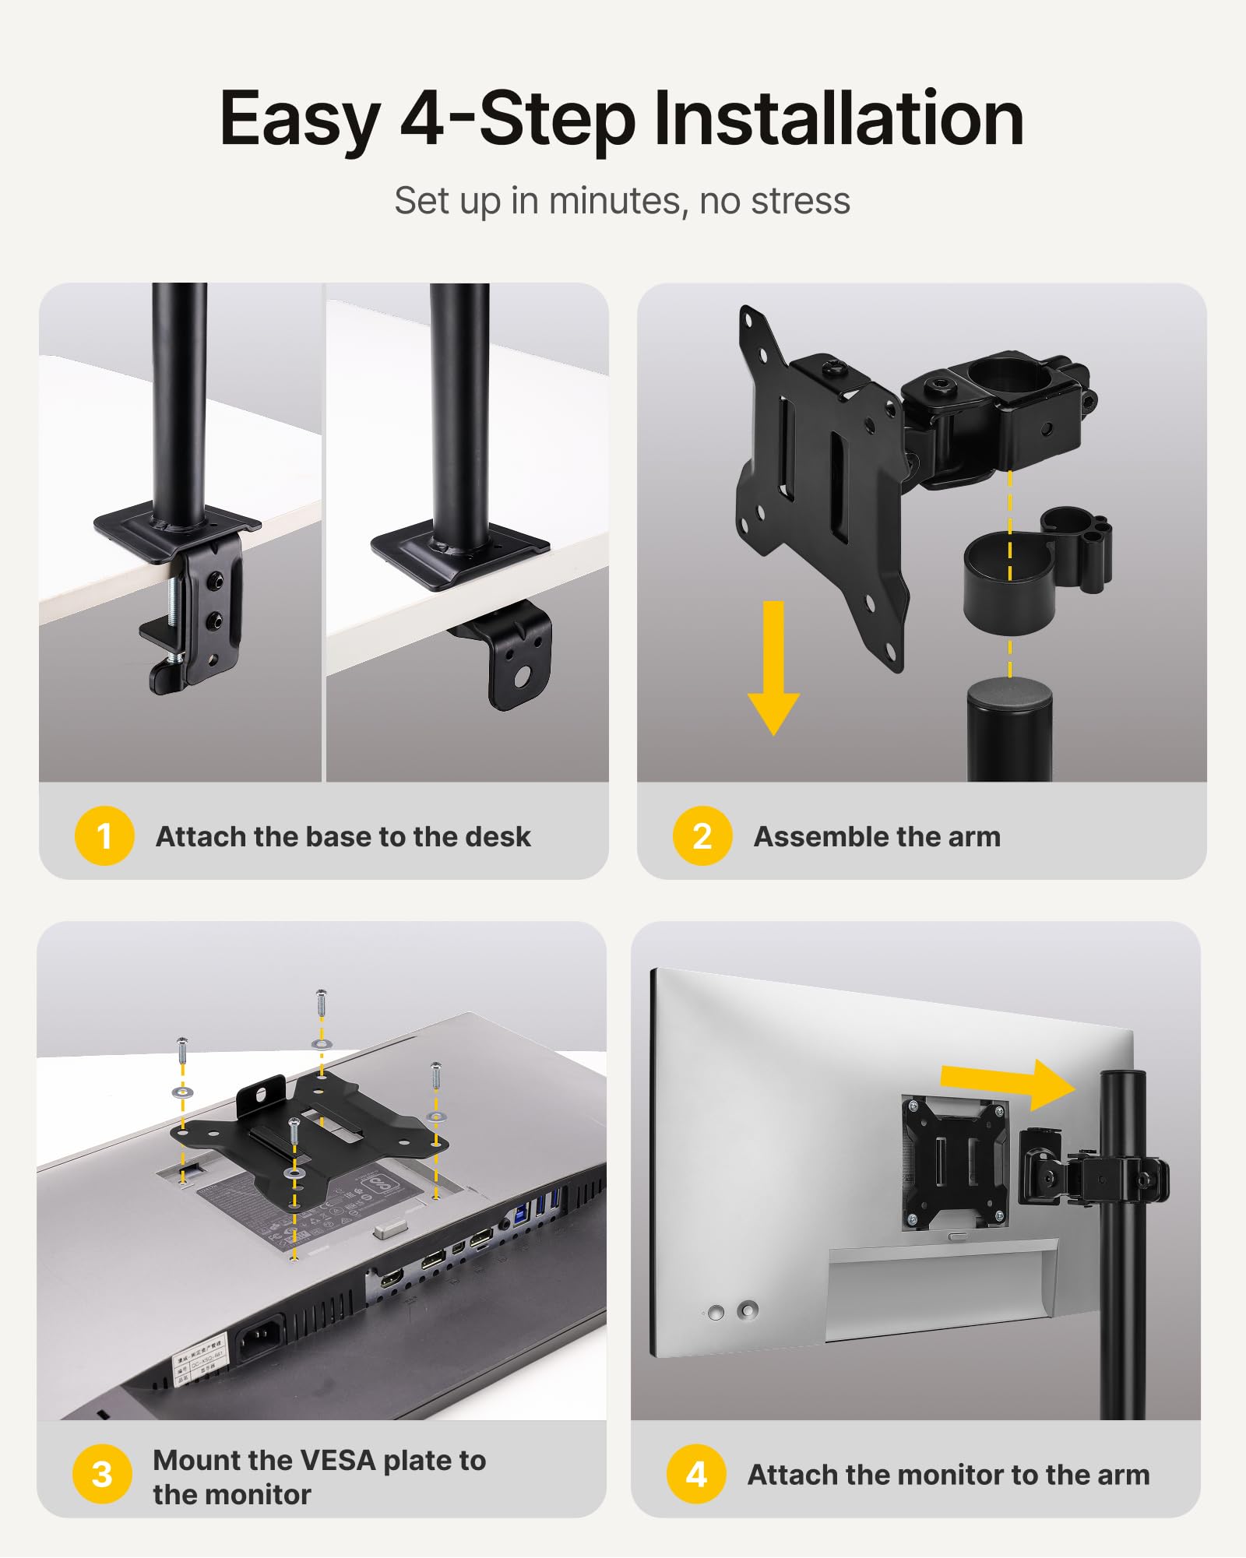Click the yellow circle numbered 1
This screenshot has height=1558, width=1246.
pyautogui.click(x=104, y=836)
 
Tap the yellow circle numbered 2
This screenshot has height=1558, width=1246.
pyautogui.click(x=702, y=836)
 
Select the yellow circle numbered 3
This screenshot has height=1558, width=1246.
pyautogui.click(x=102, y=1474)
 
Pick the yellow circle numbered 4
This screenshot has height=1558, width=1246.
pyautogui.click(x=696, y=1474)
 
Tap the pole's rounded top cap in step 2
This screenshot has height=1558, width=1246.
pyautogui.click(x=1009, y=693)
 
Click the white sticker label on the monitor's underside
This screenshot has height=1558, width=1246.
pyautogui.click(x=198, y=1359)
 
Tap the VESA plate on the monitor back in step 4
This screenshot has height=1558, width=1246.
pyautogui.click(x=954, y=1160)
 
